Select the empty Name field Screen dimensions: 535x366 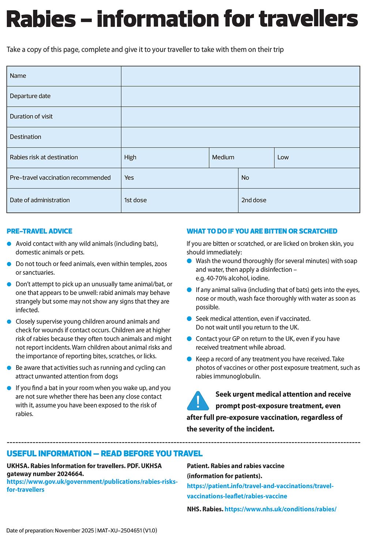[x=240, y=76]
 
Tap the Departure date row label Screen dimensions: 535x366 [x=30, y=96]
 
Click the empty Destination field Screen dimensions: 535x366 [x=240, y=137]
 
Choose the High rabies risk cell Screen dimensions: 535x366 [x=165, y=158]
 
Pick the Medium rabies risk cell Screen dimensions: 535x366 [x=241, y=158]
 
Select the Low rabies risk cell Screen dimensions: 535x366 [x=317, y=158]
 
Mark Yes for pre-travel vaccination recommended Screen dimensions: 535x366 [x=179, y=178]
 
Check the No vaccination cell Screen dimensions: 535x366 [x=299, y=178]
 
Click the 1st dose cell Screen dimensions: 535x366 [x=179, y=200]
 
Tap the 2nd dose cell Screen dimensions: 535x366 [x=299, y=200]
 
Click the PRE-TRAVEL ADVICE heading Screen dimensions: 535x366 [x=39, y=231]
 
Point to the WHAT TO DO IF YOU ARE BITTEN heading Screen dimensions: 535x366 [x=262, y=231]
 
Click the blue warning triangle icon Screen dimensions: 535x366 [x=198, y=401]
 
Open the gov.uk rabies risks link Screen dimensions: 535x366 [x=92, y=486]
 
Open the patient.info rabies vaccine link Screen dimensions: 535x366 [x=260, y=491]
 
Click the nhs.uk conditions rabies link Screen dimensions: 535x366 [x=280, y=509]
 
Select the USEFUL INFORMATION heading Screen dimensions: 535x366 [x=105, y=454]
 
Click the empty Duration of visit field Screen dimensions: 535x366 [x=240, y=117]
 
